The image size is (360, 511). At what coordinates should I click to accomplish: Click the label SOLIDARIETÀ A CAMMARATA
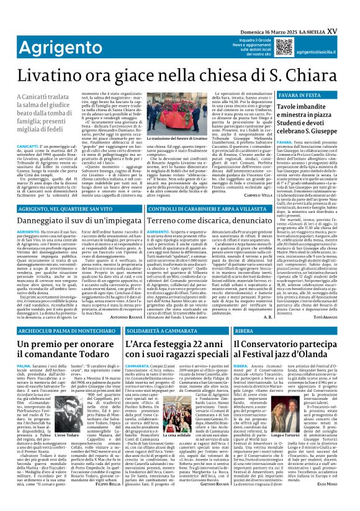pos(161,331)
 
